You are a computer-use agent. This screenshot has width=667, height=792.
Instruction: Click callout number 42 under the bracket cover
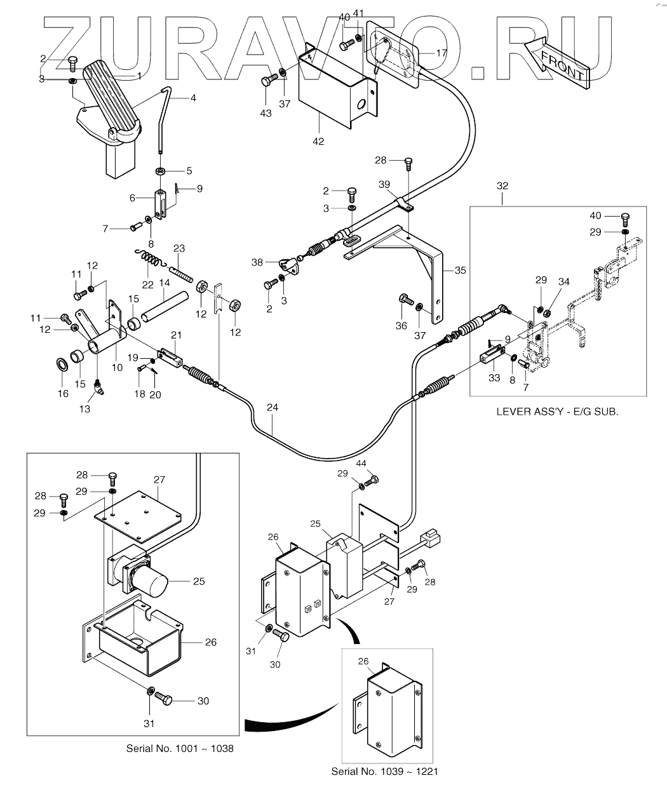click(x=318, y=141)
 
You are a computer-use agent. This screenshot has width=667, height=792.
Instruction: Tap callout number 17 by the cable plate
click(x=441, y=53)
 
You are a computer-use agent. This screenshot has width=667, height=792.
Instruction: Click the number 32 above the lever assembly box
click(x=502, y=186)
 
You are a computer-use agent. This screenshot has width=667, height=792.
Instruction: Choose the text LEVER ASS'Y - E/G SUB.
click(x=557, y=412)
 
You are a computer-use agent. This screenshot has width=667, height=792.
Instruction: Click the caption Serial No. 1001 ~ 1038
click(x=180, y=748)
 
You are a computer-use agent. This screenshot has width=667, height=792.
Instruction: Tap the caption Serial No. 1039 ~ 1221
click(x=384, y=772)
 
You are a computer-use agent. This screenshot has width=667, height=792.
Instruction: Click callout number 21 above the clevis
click(x=176, y=335)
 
